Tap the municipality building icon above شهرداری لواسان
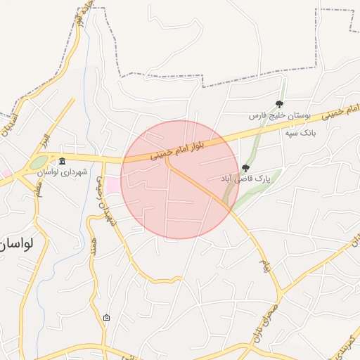pos(63,161)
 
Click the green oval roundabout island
pos(38,164)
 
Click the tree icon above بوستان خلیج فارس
pos(280,104)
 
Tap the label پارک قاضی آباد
pos(245,179)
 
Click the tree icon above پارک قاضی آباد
pos(245,168)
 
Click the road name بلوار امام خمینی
pos(178,150)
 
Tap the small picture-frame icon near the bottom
pos(106,318)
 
